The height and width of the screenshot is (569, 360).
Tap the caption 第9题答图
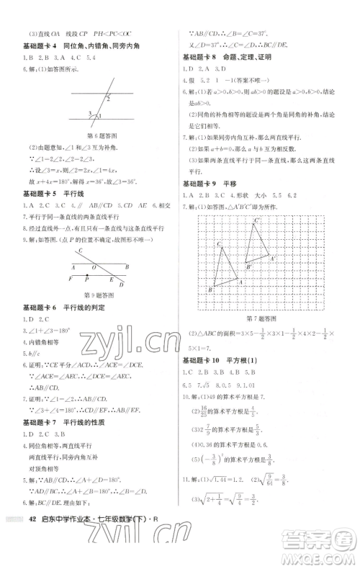[99, 295]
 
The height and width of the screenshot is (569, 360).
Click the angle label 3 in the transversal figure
[89, 113]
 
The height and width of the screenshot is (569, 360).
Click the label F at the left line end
[69, 278]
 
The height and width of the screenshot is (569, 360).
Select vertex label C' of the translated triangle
[257, 221]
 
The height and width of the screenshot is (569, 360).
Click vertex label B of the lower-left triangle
[210, 289]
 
